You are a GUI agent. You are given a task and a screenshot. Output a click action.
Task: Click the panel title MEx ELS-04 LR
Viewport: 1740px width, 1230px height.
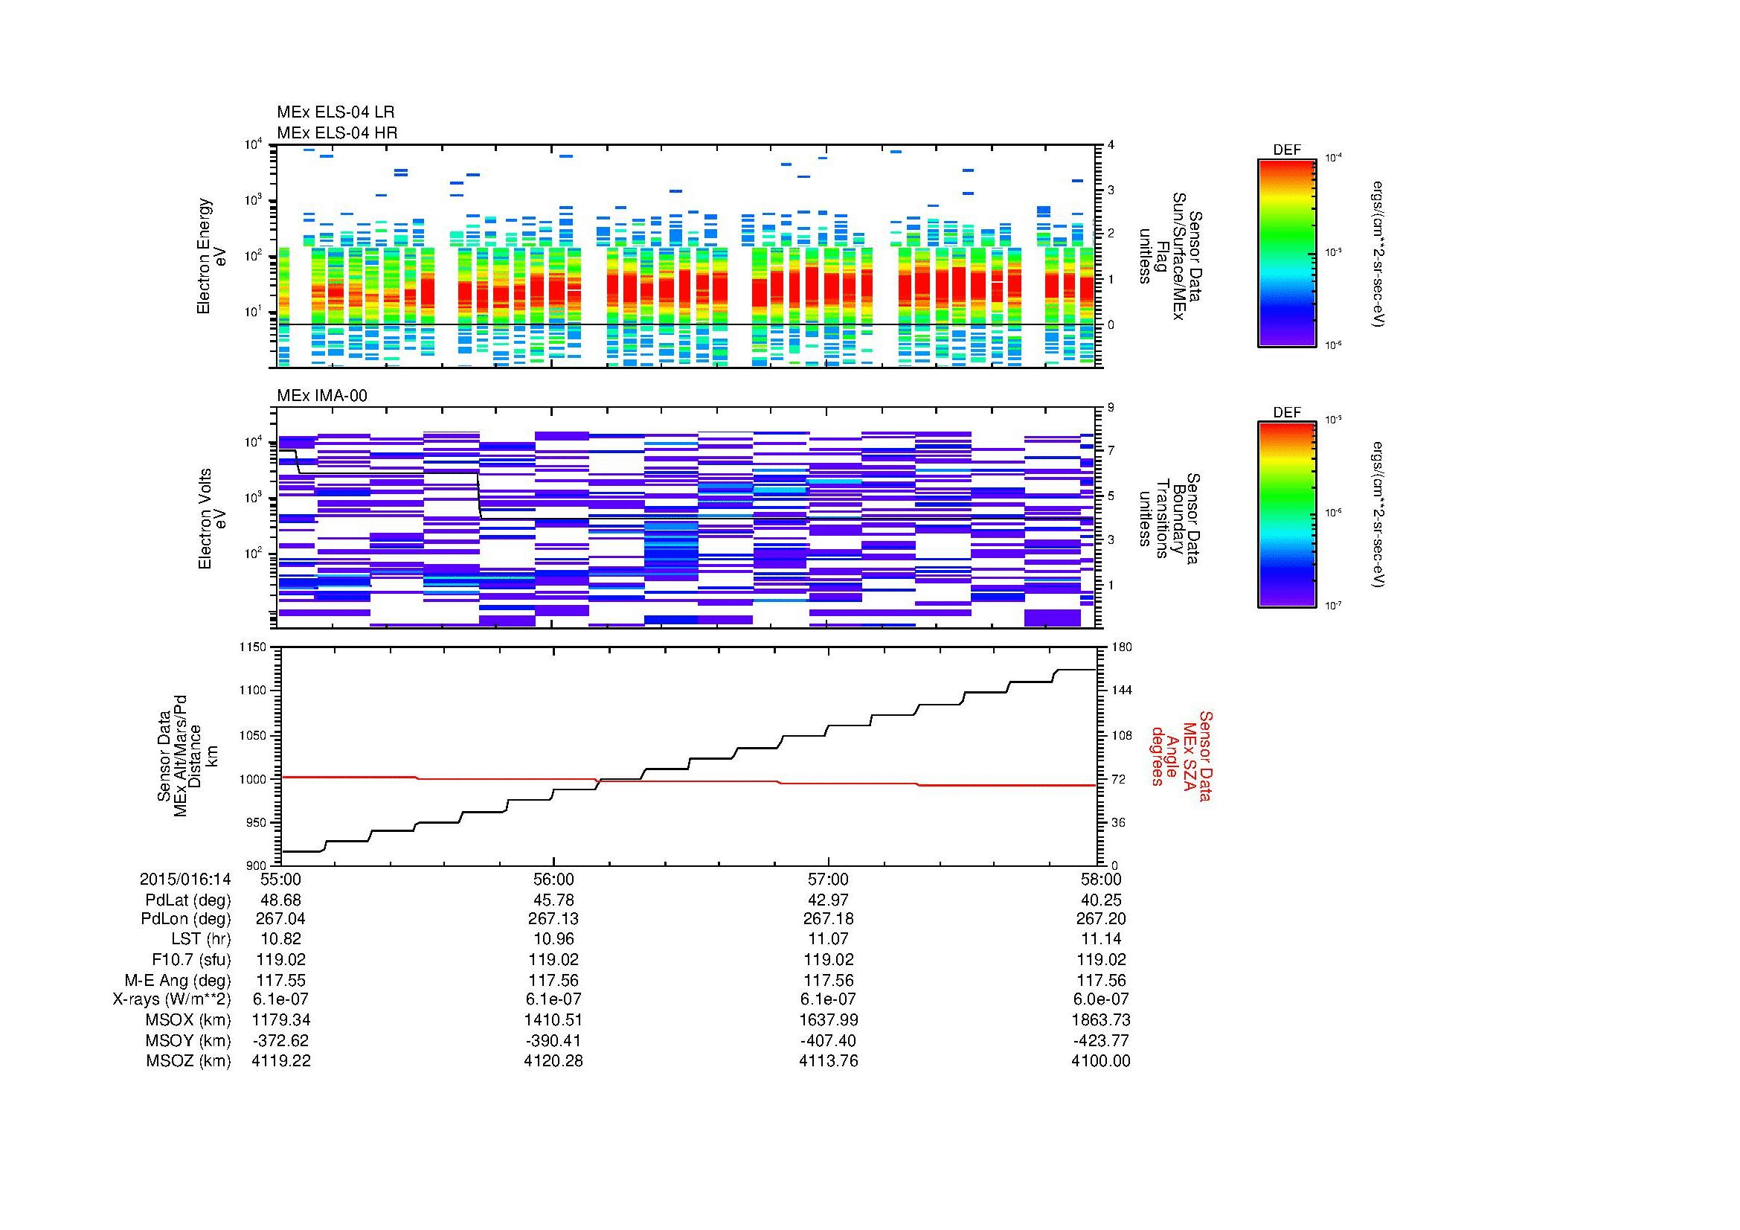335,113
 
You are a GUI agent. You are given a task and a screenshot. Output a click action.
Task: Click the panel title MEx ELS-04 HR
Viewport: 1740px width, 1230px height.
336,133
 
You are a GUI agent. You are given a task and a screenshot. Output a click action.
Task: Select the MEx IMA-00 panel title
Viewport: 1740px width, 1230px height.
321,396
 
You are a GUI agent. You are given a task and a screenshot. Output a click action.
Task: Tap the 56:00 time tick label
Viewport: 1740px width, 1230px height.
554,879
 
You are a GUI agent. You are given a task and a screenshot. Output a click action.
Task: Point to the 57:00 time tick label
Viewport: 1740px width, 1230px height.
828,879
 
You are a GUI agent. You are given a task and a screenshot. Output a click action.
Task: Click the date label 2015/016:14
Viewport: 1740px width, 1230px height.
185,879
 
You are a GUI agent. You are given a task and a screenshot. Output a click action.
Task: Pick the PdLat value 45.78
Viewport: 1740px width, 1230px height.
554,900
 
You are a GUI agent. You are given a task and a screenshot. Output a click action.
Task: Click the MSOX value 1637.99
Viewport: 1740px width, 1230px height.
828,1019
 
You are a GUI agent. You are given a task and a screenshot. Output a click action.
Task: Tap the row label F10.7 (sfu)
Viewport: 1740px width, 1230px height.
191,959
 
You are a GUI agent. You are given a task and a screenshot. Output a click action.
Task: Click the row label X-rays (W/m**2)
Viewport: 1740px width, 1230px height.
171,999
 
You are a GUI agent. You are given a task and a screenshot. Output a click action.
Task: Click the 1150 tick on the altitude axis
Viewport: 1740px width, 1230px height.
253,647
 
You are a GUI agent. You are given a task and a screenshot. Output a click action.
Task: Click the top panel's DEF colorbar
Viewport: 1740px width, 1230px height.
1286,253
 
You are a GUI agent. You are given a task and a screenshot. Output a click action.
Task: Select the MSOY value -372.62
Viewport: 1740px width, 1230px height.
280,1040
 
